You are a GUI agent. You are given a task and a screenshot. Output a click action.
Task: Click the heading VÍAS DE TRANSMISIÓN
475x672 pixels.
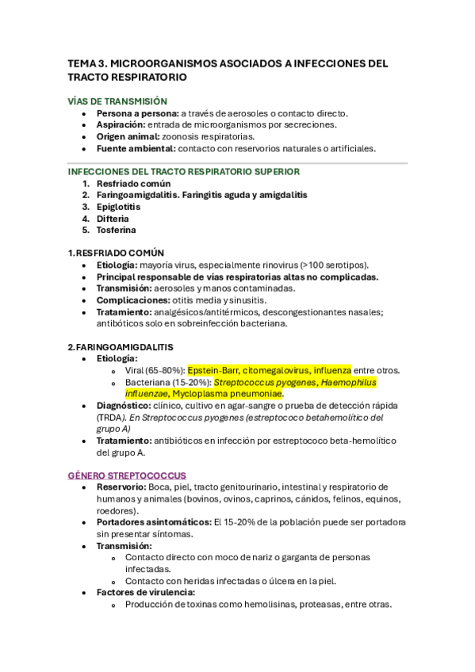pyautogui.click(x=117, y=101)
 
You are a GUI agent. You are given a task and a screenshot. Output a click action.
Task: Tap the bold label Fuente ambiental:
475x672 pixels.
pyautogui.click(x=136, y=148)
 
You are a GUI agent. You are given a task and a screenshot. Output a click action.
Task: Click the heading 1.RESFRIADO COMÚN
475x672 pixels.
pyautogui.click(x=120, y=253)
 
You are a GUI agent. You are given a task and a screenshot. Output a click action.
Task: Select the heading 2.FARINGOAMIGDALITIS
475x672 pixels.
pyautogui.click(x=121, y=347)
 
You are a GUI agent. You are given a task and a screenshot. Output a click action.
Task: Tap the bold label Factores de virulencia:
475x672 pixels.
pyautogui.click(x=146, y=592)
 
